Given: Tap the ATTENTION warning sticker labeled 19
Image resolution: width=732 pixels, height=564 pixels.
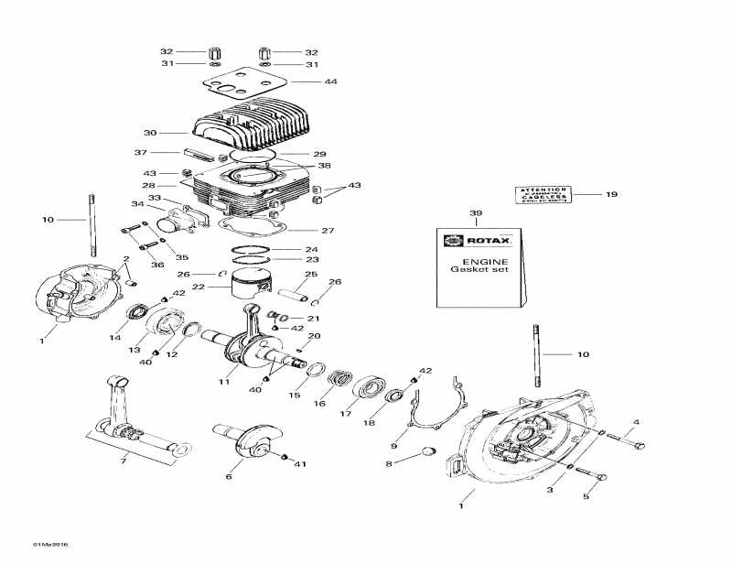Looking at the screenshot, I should (543, 194).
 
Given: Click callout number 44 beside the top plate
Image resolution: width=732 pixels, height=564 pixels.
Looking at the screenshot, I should (331, 82).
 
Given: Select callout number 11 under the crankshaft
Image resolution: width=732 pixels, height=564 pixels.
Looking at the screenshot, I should (223, 382).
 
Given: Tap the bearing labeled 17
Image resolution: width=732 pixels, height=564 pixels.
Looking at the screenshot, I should (371, 385).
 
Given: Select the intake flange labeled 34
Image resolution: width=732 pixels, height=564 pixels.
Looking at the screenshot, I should (176, 221).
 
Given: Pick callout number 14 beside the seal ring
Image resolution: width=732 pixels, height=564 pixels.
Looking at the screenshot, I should (114, 338).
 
